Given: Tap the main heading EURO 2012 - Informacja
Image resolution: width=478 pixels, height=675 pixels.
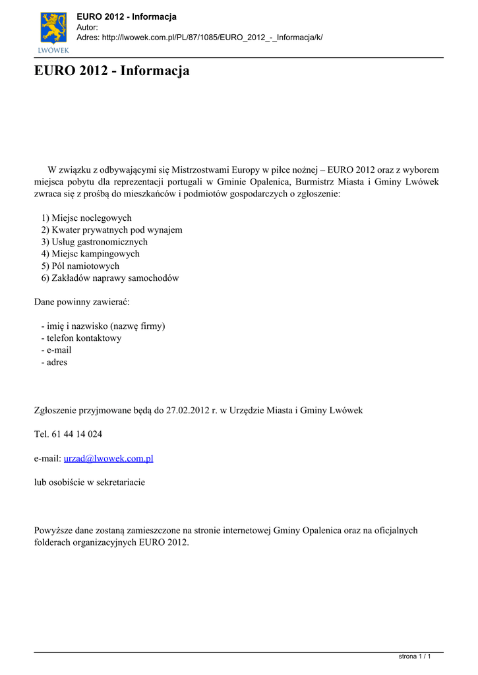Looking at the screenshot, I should coord(111,71).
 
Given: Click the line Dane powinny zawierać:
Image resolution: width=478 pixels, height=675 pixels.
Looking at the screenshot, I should coord(82,302).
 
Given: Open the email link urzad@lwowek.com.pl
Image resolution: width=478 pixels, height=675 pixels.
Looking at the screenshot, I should coord(108,458).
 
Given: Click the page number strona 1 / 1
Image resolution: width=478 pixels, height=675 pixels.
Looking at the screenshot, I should coord(415,657).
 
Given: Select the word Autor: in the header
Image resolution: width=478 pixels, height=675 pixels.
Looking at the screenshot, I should coord(88,27).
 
